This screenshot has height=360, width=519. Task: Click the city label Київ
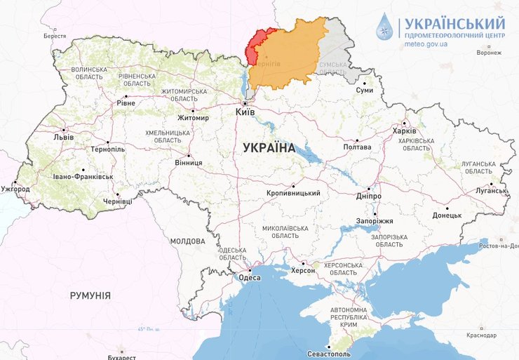click(x=245, y=112)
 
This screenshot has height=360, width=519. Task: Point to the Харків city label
click(x=404, y=131)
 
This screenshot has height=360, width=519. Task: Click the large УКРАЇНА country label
click(x=269, y=148)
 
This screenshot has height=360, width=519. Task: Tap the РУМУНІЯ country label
click(x=90, y=295)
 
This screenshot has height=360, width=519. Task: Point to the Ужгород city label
click(x=15, y=189)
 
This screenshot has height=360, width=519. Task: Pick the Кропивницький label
click(x=294, y=194)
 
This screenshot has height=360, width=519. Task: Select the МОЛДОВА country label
click(x=187, y=241)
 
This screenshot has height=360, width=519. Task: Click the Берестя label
click(x=54, y=36)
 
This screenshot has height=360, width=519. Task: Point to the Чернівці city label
click(x=117, y=201)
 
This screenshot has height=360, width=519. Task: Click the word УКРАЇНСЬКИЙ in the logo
click(x=454, y=23)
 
